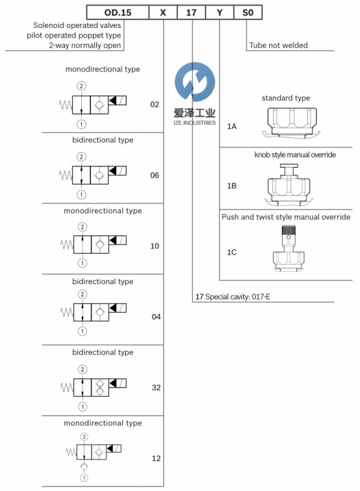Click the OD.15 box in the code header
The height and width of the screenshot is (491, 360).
(118, 12)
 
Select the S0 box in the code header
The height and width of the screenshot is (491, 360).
(248, 12)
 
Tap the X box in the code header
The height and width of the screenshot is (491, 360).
(163, 12)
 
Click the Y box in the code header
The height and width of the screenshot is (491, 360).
(220, 12)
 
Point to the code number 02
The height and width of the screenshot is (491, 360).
(155, 105)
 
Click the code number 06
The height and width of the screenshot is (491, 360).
(155, 176)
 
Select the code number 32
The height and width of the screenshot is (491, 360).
(156, 388)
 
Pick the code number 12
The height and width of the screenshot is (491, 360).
(156, 458)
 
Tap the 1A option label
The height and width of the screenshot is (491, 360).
(232, 127)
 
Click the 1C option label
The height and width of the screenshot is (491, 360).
(232, 252)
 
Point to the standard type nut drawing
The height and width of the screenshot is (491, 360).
(291, 122)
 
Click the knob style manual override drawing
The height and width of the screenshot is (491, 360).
(289, 185)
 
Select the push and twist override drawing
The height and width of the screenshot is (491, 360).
(289, 248)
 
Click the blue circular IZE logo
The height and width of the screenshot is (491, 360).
(195, 82)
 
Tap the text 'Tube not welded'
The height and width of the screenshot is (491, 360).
(278, 46)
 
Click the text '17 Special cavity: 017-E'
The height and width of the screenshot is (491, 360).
(233, 297)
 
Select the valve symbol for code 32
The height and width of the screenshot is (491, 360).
(94, 388)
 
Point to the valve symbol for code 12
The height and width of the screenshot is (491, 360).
(94, 457)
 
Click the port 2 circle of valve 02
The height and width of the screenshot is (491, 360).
(81, 86)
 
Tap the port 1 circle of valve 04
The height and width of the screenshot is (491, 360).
(83, 331)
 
